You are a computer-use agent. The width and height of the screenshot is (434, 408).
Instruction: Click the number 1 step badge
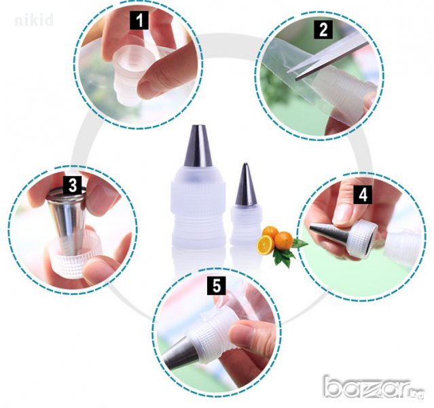click(139, 20)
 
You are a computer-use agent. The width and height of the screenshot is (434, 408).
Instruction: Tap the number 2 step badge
click(323, 29)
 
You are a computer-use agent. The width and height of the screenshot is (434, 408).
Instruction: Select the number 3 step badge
click(72, 185)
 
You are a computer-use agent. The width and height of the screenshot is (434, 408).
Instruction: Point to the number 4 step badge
click(363, 194)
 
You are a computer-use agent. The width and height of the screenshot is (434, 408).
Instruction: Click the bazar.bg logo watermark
click(374, 387)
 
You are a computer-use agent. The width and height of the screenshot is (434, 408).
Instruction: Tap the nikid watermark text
click(34, 20)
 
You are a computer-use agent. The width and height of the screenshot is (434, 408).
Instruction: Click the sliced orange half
click(265, 245)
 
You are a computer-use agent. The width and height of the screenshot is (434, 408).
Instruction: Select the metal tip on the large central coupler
click(198, 146)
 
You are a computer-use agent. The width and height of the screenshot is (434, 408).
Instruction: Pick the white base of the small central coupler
click(246, 225)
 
